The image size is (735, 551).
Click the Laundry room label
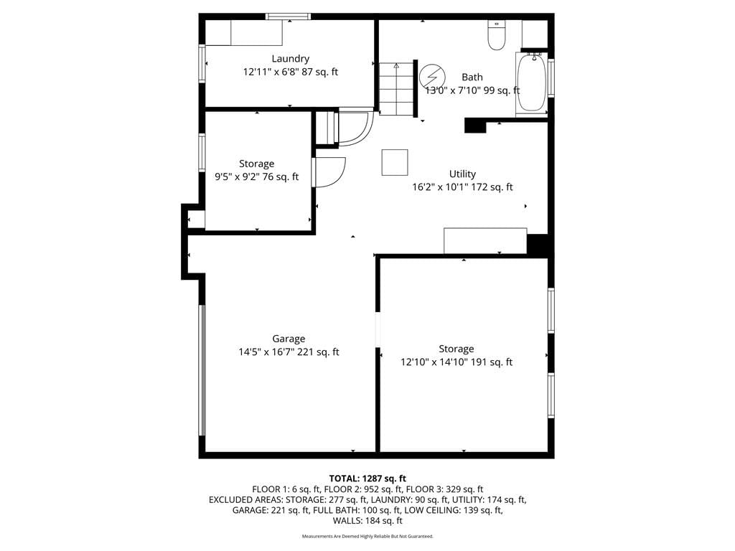pyautogui.click(x=291, y=59)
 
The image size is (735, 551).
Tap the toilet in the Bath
pyautogui.click(x=496, y=34)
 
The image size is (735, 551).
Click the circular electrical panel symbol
pyautogui.click(x=431, y=76)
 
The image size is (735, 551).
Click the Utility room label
pyautogui.click(x=462, y=174)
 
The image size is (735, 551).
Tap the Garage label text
pyautogui.click(x=289, y=339)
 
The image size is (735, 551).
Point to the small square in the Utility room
pyautogui.click(x=395, y=163)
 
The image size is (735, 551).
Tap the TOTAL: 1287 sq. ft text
pyautogui.click(x=367, y=479)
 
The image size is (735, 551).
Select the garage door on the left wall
pyautogui.click(x=202, y=371)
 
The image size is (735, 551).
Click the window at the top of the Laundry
pyautogui.click(x=289, y=17)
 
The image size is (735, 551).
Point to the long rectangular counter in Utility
pyautogui.click(x=486, y=241)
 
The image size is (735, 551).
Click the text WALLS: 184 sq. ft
pyautogui.click(x=367, y=521)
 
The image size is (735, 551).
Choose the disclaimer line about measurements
pyautogui.click(x=367, y=536)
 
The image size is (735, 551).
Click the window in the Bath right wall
pyautogui.click(x=551, y=77)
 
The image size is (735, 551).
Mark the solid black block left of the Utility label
pyautogui.click(x=475, y=125)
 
